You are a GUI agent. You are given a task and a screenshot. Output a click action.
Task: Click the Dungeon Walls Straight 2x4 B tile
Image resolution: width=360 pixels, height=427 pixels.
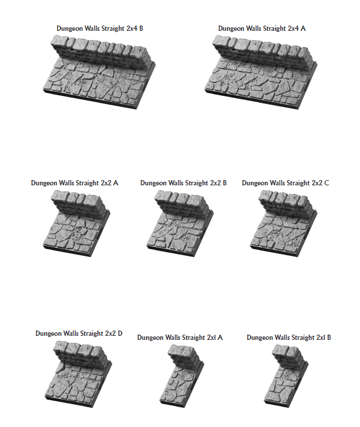click(99, 72)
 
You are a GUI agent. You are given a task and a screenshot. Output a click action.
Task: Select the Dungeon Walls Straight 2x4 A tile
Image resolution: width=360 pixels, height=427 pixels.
click(261, 72)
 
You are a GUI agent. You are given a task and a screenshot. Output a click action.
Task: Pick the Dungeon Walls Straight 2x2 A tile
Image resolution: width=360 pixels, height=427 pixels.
click(77, 223)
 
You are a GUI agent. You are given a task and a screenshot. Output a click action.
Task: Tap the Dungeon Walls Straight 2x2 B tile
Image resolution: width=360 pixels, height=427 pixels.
click(180, 223)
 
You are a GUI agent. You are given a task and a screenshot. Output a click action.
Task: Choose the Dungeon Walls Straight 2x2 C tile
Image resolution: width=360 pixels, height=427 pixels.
click(284, 223)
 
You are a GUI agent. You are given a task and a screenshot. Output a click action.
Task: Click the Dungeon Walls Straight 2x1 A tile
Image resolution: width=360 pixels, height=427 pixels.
click(182, 376)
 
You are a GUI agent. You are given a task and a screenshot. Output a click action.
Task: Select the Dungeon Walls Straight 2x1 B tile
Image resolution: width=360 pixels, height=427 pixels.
click(286, 376)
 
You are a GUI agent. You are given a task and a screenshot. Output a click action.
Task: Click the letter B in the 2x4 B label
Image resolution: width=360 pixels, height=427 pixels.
click(141, 28)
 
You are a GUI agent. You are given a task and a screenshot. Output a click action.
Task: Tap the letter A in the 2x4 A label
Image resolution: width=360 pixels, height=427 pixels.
click(303, 28)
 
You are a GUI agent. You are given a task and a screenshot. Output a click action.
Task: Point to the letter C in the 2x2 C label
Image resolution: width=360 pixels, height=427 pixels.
click(327, 183)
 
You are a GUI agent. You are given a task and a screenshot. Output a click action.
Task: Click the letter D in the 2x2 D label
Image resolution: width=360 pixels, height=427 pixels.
click(120, 333)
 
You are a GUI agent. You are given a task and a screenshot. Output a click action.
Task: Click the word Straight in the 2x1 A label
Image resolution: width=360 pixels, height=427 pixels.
click(194, 338)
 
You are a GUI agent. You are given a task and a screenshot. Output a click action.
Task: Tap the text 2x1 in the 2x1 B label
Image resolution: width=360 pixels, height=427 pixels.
click(320, 338)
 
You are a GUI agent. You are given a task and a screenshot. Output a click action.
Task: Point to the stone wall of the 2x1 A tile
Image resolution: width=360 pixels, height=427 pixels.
click(185, 356)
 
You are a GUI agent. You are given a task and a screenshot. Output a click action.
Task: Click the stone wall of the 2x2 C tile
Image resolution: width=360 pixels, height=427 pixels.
click(286, 203)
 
